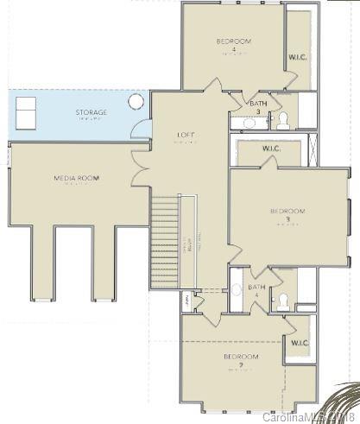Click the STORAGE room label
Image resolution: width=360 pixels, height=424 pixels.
[91, 113]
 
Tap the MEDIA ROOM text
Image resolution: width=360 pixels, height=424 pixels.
[77, 179]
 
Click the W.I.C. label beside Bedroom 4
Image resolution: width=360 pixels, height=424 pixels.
[298, 57]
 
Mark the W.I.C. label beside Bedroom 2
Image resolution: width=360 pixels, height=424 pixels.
[299, 343]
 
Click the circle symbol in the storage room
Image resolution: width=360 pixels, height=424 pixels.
[136, 102]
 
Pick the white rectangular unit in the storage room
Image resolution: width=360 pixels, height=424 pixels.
[27, 111]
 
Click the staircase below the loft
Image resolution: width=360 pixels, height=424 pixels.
[167, 242]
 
